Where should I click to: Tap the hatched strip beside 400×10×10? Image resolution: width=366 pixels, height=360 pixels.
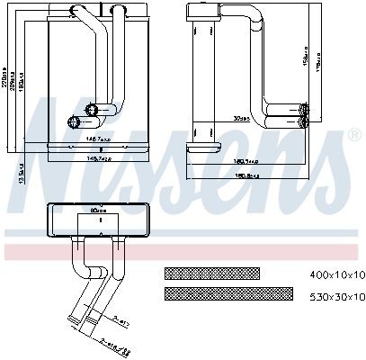click(211, 273)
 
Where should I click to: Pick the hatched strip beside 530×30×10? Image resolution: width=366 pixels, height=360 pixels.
click(228, 293)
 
